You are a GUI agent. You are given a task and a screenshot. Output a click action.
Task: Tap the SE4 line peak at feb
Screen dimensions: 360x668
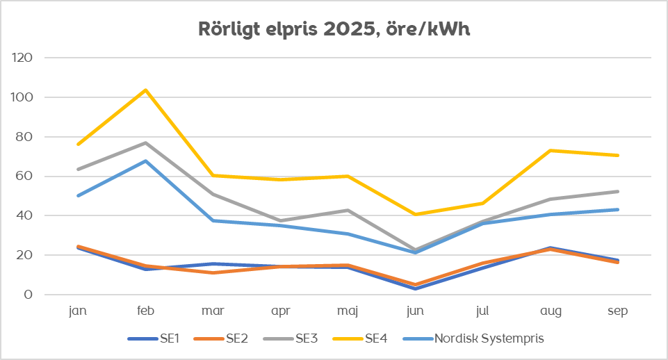point(145,90)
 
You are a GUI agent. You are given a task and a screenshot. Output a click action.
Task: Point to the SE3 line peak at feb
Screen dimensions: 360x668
point(145,143)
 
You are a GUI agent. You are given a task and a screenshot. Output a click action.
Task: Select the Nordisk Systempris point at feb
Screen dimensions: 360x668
point(145,161)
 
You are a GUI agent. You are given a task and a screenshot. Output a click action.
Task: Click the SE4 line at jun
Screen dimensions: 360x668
point(416,214)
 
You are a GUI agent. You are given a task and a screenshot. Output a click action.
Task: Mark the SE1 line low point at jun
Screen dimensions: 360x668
point(416,288)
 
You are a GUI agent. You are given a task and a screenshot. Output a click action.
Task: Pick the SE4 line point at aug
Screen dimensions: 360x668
point(551,150)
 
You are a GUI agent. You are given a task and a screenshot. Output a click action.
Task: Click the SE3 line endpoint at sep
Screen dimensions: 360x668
point(618,191)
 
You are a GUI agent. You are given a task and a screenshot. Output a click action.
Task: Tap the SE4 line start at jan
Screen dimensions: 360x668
point(78,145)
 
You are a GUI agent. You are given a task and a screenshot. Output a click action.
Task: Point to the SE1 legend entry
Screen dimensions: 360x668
point(156,339)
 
